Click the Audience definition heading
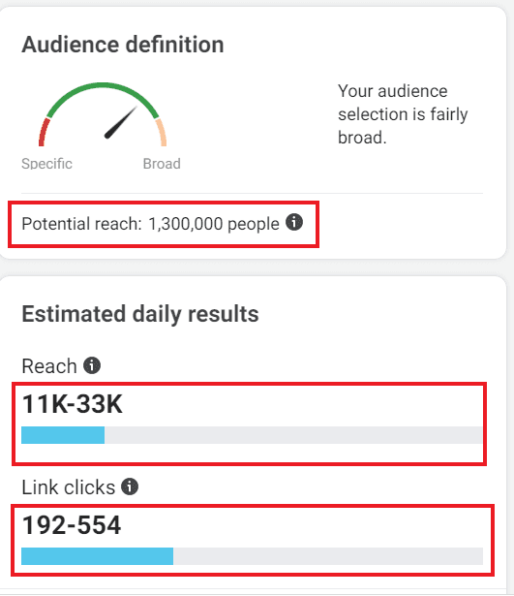tap(122, 45)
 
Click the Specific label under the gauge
tap(46, 164)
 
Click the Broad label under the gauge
tap(162, 164)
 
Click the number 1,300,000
tap(186, 224)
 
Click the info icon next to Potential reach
tap(295, 223)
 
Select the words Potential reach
tap(81, 224)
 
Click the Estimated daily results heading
tap(139, 314)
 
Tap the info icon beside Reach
tap(92, 365)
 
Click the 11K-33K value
tap(73, 404)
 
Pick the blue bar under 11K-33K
tap(62, 435)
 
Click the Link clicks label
tap(68, 487)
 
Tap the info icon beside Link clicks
tap(130, 486)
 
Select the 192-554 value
tap(72, 525)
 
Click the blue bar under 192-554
tap(97, 556)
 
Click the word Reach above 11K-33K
tap(49, 366)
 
